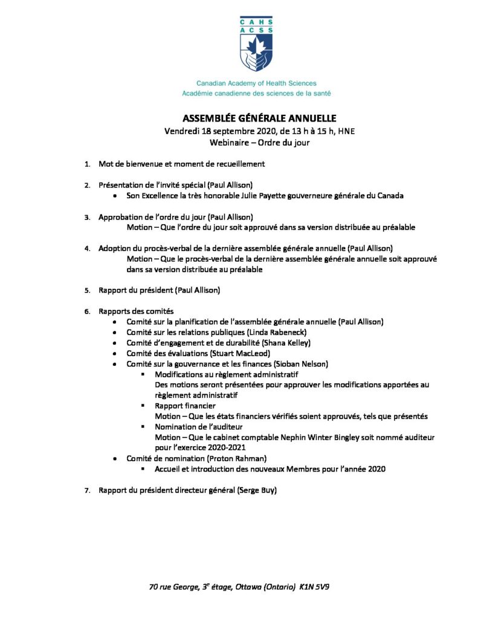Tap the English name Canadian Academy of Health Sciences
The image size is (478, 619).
(x=256, y=83)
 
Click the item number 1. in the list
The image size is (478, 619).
(x=88, y=164)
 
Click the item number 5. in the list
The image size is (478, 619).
(x=88, y=290)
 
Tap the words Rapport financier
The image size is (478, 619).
(x=185, y=406)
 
